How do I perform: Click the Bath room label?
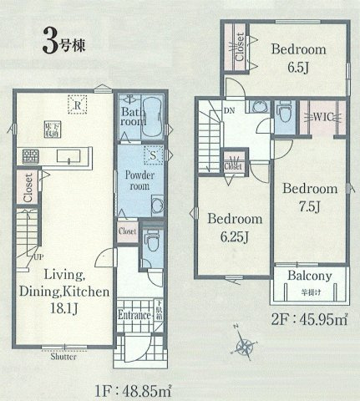[132, 116]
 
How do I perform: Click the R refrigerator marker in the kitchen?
[76, 105]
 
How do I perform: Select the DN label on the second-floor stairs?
[228, 110]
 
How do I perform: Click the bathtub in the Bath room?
[151, 119]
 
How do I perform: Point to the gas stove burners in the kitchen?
[31, 155]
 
